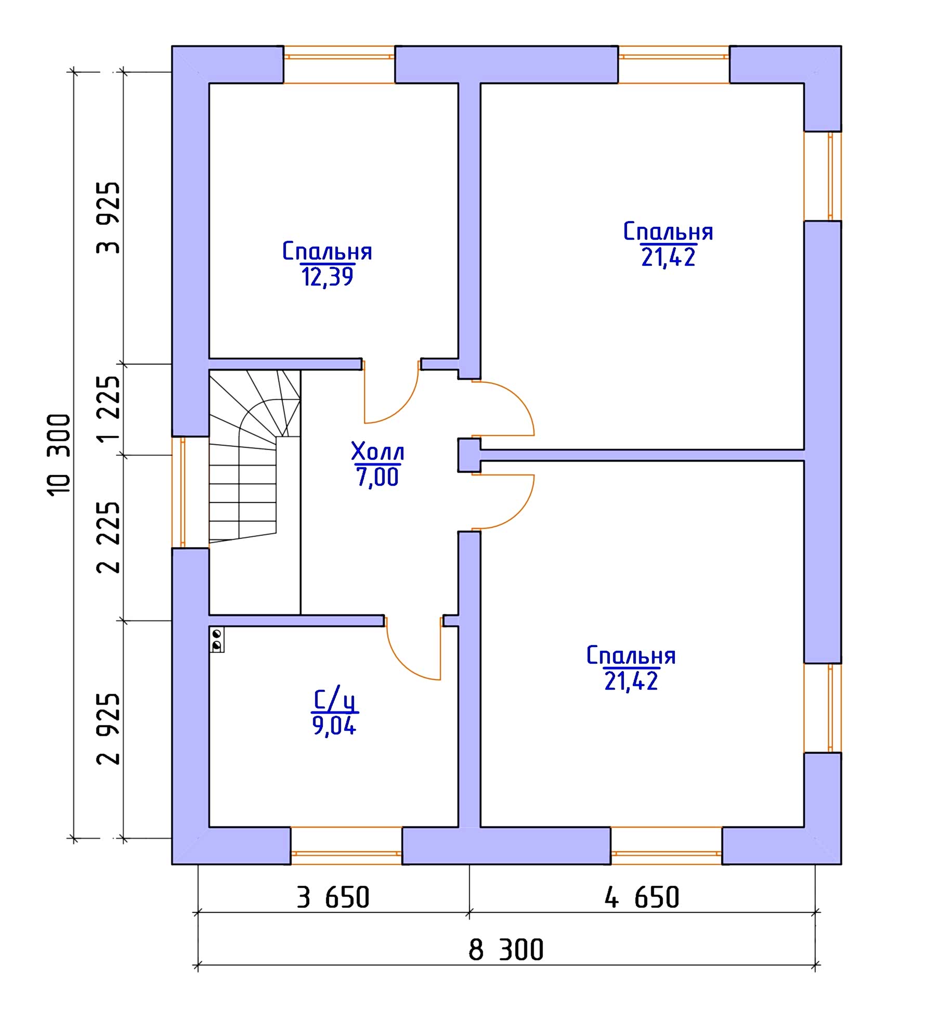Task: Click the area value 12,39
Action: pyautogui.click(x=328, y=277)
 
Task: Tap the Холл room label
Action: pyautogui.click(x=377, y=452)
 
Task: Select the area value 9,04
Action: pyautogui.click(x=334, y=725)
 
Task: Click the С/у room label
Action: pyautogui.click(x=335, y=700)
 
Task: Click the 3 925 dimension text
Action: pyautogui.click(x=108, y=218)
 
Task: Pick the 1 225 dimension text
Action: pyautogui.click(x=108, y=409)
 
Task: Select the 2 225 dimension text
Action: pyautogui.click(x=108, y=537)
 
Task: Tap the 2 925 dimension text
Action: pyautogui.click(x=108, y=729)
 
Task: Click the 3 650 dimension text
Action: pyautogui.click(x=333, y=898)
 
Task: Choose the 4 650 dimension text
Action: pyautogui.click(x=642, y=898)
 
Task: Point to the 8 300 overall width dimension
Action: pyautogui.click(x=506, y=950)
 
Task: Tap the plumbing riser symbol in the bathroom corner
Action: pyautogui.click(x=217, y=640)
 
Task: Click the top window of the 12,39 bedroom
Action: pyautogui.click(x=339, y=65)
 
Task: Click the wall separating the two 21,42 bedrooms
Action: pyautogui.click(x=642, y=455)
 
